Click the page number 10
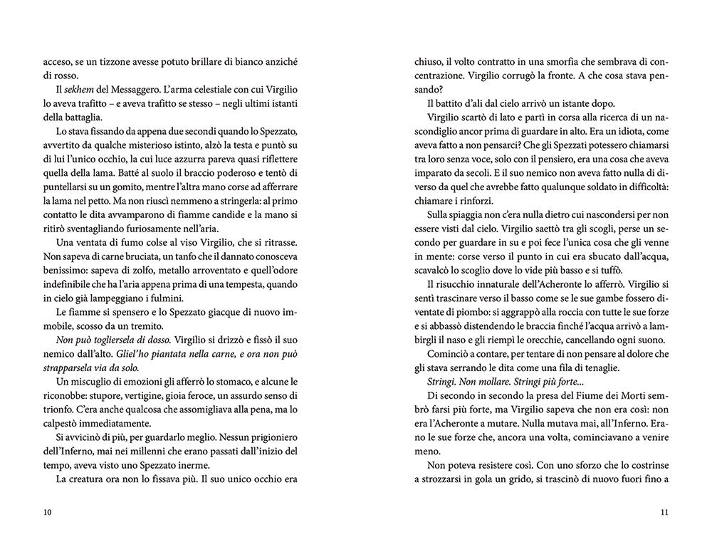click(48, 512)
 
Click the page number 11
click(664, 512)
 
